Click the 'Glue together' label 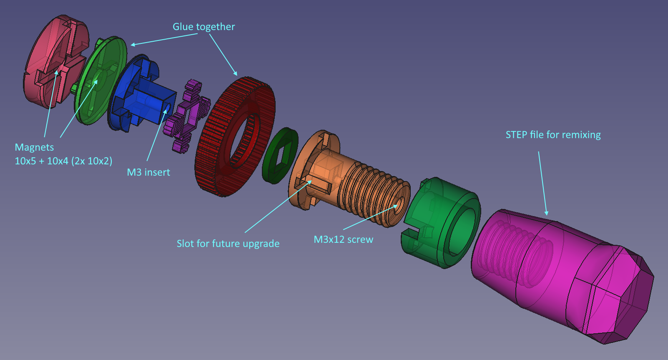click(203, 27)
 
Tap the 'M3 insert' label click(148, 172)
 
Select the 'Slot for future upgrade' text click(228, 244)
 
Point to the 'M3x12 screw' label click(343, 239)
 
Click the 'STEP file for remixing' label click(553, 135)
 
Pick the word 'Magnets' click(34, 147)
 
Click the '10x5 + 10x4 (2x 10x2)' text click(63, 161)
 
